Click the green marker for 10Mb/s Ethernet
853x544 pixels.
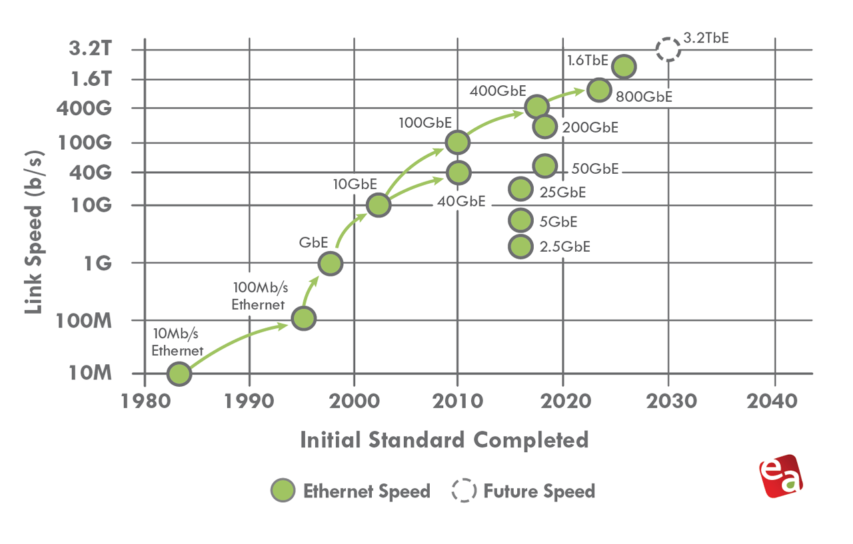tap(179, 374)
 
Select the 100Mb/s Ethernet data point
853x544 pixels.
tap(303, 318)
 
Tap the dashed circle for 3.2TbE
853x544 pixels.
tap(668, 49)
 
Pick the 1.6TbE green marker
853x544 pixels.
tap(623, 66)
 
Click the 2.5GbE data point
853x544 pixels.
tap(520, 246)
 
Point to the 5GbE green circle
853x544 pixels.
tap(520, 220)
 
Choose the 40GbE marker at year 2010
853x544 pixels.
tap(457, 172)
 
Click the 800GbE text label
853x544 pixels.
tap(643, 97)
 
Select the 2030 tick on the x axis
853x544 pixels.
tap(668, 402)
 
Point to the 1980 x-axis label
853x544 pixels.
tap(145, 402)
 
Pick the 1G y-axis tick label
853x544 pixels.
tap(99, 263)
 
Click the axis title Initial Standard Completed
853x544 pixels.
tap(444, 440)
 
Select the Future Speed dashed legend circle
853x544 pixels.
tap(464, 491)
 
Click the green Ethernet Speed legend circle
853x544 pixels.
tap(283, 491)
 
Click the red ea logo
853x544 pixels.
tap(780, 475)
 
